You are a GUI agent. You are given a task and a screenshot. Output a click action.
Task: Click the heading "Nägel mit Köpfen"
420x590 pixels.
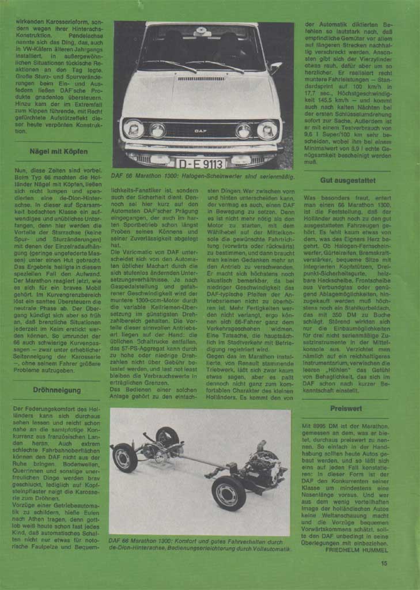(x=58, y=152)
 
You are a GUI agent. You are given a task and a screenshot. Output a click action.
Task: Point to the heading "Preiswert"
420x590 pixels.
(x=346, y=408)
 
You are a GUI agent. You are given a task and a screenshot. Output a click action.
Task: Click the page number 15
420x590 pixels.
(x=384, y=564)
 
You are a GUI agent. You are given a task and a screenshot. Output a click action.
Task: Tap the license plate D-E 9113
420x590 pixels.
(x=201, y=164)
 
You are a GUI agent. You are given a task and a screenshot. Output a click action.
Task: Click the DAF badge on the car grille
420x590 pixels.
(x=201, y=131)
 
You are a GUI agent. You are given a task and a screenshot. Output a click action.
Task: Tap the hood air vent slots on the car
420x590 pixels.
(x=201, y=78)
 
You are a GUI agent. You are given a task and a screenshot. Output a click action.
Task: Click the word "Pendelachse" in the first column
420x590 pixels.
(x=85, y=35)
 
